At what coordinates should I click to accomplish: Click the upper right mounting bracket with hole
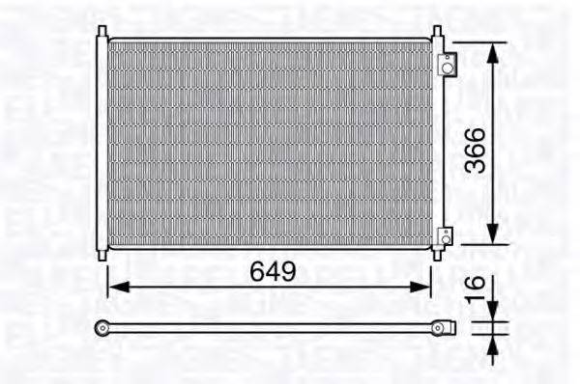447,66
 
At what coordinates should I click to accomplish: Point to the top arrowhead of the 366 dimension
493,52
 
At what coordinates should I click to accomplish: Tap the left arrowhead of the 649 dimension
114,286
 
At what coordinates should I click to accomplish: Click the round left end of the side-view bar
101,328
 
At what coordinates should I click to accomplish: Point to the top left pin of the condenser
101,32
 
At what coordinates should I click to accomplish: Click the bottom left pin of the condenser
101,255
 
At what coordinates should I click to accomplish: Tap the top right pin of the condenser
438,32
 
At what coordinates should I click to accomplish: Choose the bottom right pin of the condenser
438,255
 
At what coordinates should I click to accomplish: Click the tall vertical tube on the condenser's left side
101,145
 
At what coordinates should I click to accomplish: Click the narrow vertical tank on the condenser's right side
438,145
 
